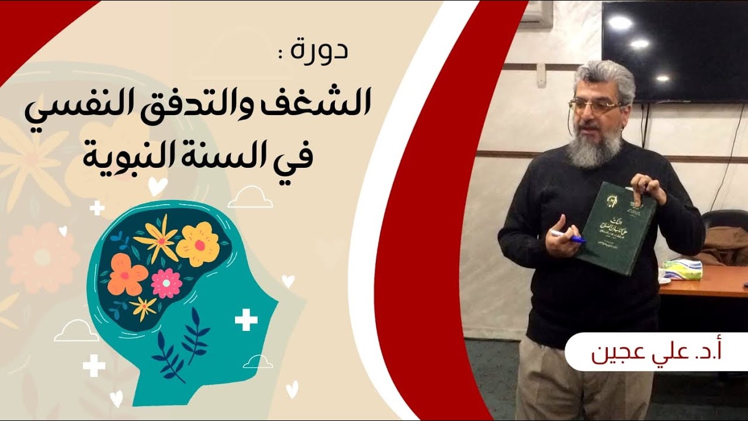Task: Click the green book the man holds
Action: pyautogui.click(x=614, y=228)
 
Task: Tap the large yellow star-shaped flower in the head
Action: pyautogui.click(x=157, y=236)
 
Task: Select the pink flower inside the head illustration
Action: pyautogui.click(x=167, y=283)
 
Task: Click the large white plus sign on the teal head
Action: pyautogui.click(x=246, y=320)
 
